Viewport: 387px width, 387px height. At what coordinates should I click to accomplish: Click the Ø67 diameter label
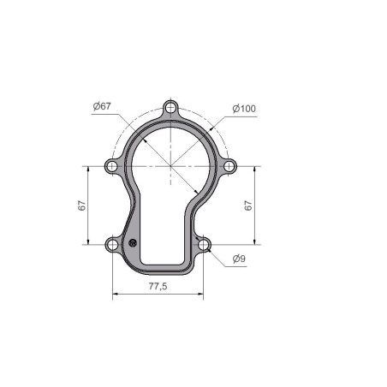102,106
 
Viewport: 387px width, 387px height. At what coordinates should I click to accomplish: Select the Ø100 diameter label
244,109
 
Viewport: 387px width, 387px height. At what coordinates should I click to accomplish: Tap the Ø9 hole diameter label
239,259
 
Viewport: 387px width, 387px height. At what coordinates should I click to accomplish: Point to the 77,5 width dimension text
158,286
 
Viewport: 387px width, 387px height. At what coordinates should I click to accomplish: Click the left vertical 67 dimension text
82,205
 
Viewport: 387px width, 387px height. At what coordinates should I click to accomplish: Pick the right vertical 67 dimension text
248,205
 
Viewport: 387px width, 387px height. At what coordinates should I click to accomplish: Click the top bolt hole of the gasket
170,108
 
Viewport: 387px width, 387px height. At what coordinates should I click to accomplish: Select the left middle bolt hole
112,166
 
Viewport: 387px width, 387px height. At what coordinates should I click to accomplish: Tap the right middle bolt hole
229,166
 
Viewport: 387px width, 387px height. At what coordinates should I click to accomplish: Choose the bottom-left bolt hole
112,245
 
